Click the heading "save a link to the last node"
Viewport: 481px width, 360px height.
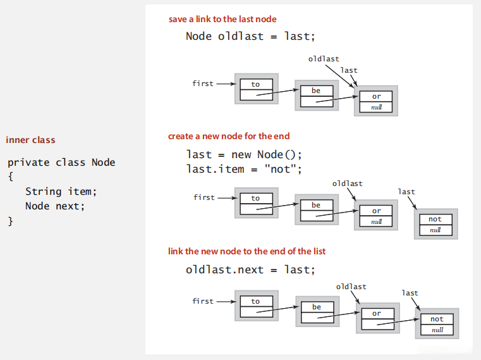[222, 19]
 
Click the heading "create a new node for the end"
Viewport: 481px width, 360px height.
[229, 136]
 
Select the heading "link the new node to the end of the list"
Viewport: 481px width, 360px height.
[247, 251]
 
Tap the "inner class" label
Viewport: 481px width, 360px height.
[30, 140]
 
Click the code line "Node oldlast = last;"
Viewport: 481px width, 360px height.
[250, 36]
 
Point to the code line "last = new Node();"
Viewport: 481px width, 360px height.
[245, 154]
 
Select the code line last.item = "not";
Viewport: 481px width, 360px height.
[244, 169]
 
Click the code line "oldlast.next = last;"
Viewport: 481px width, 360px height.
[250, 270]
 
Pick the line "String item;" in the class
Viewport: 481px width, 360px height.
[61, 191]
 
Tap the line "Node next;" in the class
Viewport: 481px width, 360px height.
[54, 206]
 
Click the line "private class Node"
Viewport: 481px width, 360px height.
[61, 162]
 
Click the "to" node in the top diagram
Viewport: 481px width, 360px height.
[255, 90]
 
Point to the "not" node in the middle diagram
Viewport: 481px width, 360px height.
[435, 224]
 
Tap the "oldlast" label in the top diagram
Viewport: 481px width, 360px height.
[324, 59]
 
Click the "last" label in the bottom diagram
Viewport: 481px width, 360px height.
[410, 293]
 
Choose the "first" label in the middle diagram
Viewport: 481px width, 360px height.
[204, 197]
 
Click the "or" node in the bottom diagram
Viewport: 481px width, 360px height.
[377, 318]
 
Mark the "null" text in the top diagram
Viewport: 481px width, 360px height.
[377, 108]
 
